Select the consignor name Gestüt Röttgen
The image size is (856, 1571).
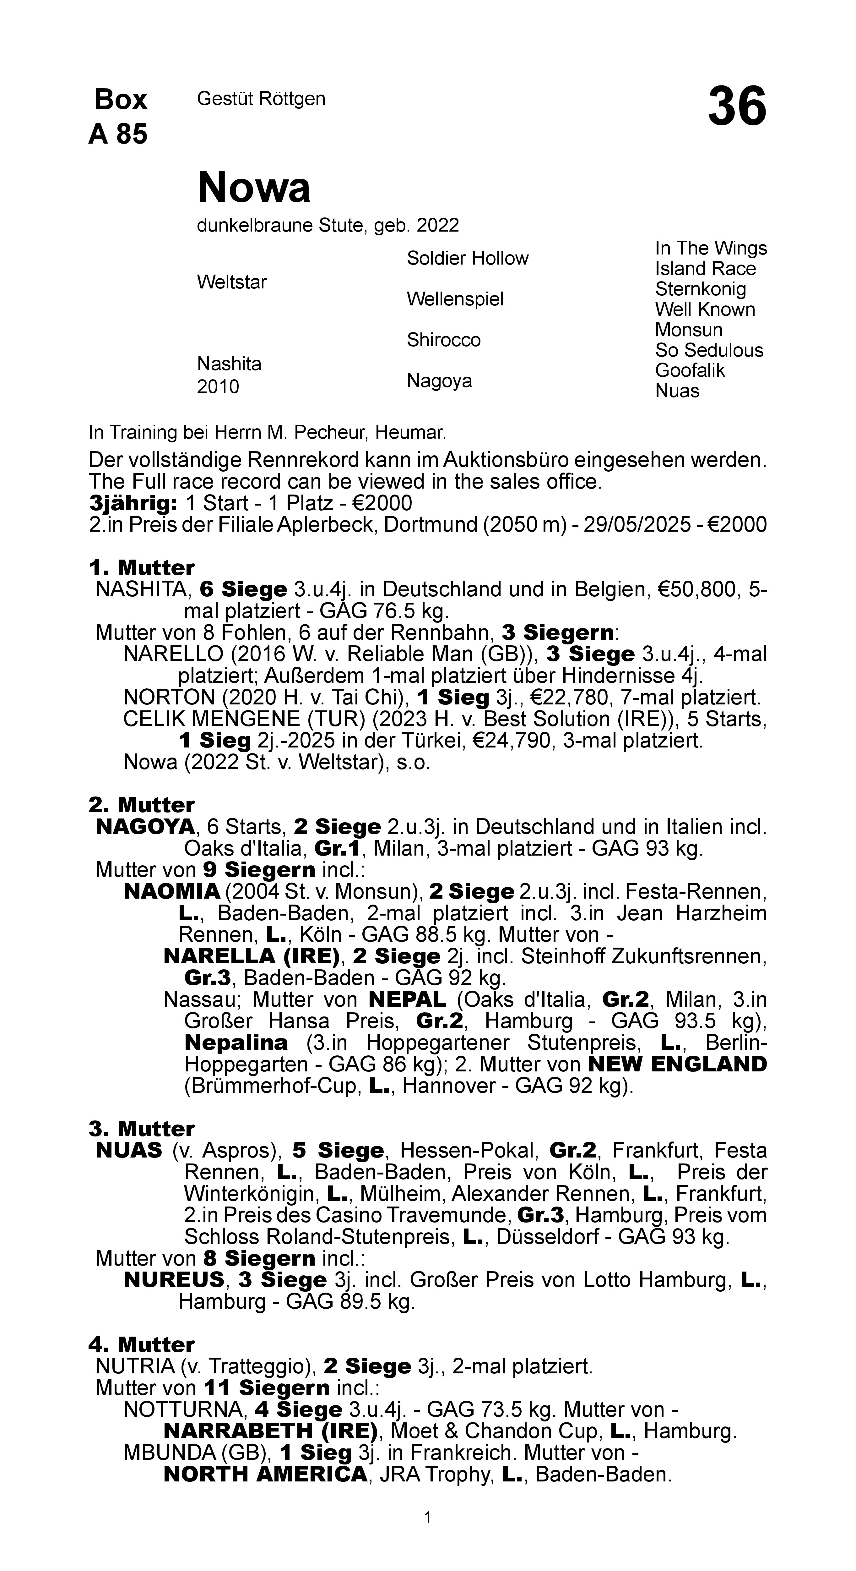pos(261,99)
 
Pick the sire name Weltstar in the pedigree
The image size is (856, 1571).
pos(232,282)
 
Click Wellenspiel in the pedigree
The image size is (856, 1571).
pos(455,299)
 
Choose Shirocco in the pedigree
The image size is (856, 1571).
pos(443,340)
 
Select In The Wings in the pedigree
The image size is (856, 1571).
pos(711,249)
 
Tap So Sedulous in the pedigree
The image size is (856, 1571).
pos(709,351)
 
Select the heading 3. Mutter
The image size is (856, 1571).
pos(141,1129)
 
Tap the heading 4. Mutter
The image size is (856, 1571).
pos(141,1345)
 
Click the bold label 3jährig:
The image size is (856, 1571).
pos(133,504)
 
